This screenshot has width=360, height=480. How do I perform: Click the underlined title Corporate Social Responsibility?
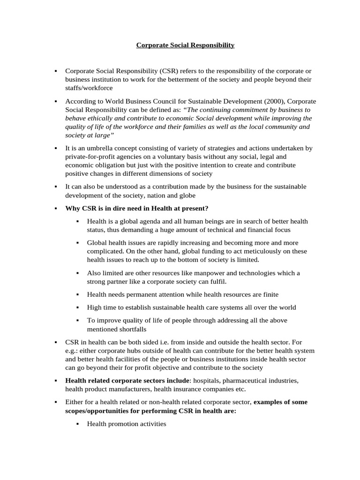click(x=185, y=45)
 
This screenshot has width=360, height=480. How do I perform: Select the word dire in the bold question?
click(x=121, y=208)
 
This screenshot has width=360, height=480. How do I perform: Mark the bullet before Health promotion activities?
click(x=77, y=424)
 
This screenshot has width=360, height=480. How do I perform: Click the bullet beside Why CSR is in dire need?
click(x=55, y=208)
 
